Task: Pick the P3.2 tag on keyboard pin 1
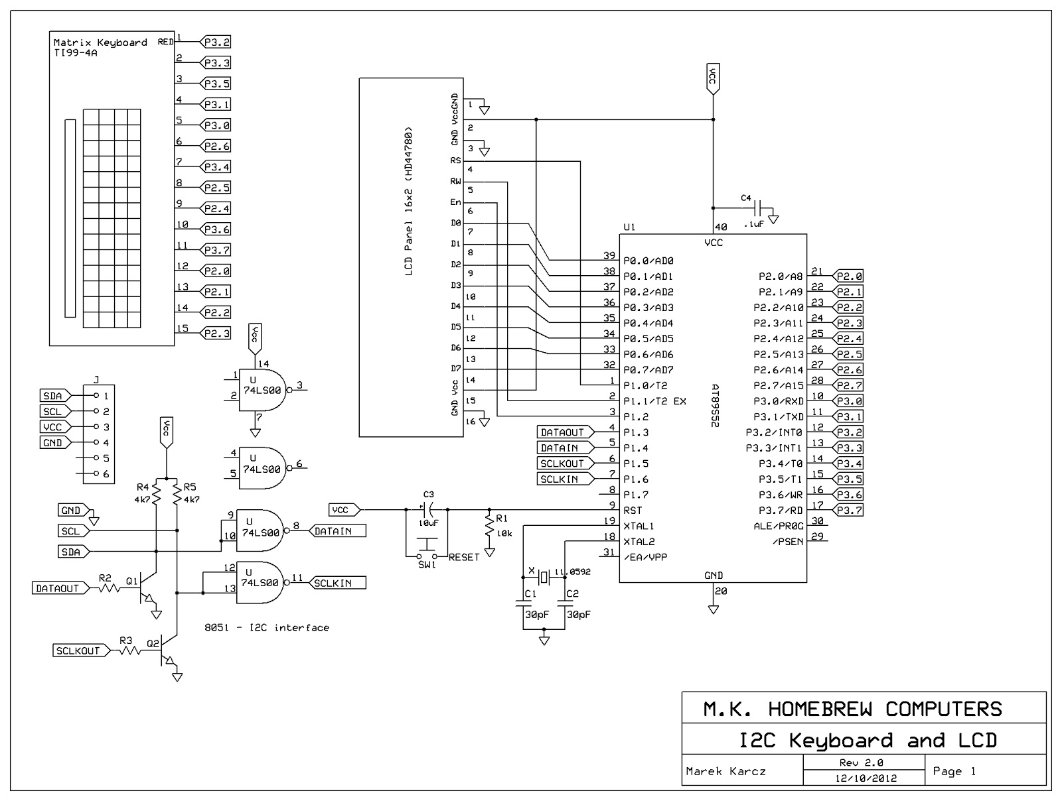click(x=216, y=42)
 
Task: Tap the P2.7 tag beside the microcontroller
click(x=849, y=385)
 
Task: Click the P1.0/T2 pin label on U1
click(x=645, y=385)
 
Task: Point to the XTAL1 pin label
click(x=639, y=526)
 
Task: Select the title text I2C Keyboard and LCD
click(x=868, y=740)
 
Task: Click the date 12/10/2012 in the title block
click(x=866, y=778)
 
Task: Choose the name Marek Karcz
click(x=725, y=771)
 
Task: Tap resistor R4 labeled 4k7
click(x=156, y=493)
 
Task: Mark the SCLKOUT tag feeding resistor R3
click(x=78, y=650)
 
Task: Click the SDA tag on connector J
click(x=52, y=396)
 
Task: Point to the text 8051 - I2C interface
click(x=267, y=627)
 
